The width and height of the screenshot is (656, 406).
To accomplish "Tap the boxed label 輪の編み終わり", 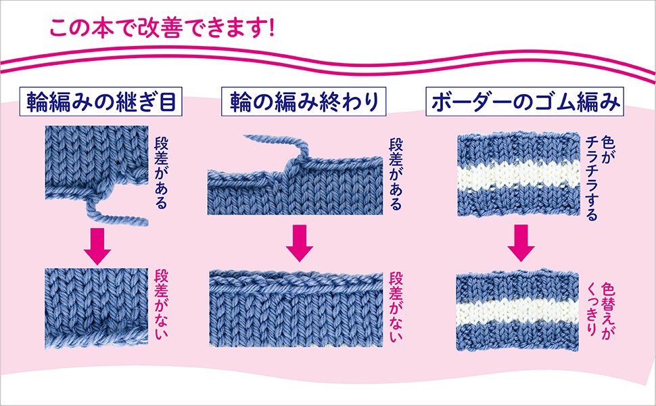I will pos(299,102).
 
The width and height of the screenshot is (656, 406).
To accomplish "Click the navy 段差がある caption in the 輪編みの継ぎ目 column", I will pos(162,173).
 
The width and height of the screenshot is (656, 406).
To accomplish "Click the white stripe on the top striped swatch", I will pos(519,177).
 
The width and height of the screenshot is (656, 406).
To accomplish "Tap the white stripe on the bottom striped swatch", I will pos(519,308).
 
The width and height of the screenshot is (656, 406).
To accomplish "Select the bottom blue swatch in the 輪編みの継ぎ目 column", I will pos(97,302).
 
